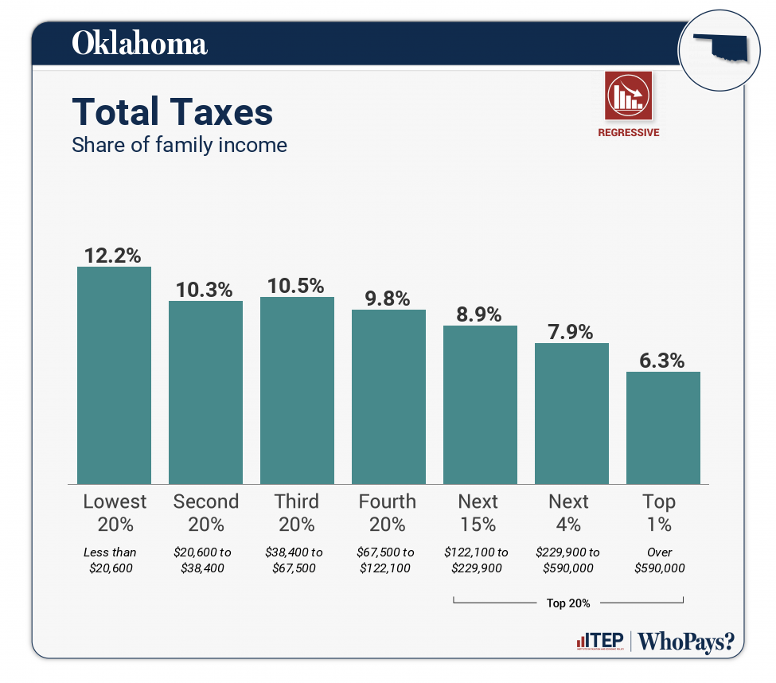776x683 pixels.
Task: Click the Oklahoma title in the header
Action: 139,43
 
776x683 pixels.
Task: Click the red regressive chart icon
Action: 628,96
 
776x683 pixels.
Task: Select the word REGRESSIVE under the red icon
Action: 628,133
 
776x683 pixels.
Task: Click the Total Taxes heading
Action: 172,112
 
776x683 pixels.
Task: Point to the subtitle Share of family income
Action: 179,146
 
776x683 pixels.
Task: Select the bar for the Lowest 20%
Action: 114,375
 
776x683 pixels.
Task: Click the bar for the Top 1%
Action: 663,427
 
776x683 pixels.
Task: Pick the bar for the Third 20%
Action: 297,390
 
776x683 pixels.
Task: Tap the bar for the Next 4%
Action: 571,413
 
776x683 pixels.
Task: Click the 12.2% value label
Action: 113,256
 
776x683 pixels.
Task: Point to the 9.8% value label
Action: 388,299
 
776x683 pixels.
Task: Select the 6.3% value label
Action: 662,361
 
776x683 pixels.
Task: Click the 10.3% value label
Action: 205,290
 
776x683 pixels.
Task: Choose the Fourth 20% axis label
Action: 388,513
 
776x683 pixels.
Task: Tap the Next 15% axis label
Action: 478,513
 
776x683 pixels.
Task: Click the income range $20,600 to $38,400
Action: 205,560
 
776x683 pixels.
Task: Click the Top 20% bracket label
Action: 568,603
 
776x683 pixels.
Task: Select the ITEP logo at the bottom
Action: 599,641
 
